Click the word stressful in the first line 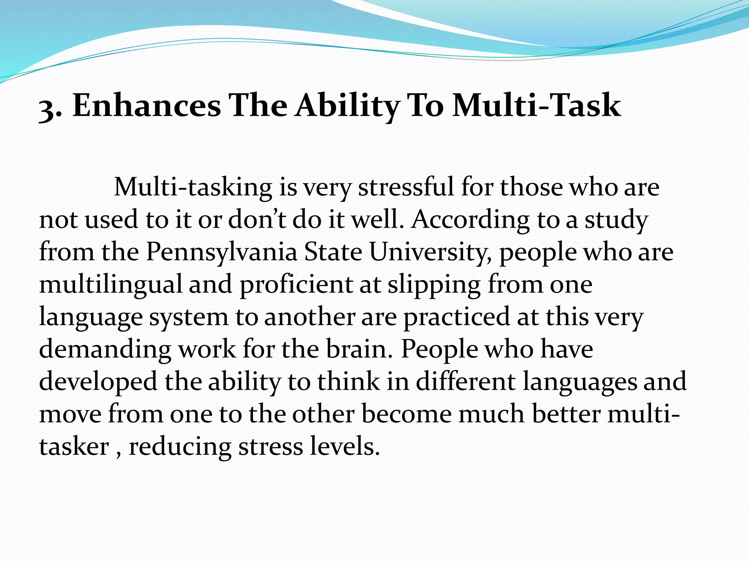point(406,187)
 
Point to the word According point(470,220)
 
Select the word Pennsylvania point(221,252)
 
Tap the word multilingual point(110,285)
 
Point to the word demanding point(105,350)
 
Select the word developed point(98,382)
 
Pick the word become point(407,414)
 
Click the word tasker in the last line point(74,446)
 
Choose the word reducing point(180,447)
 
